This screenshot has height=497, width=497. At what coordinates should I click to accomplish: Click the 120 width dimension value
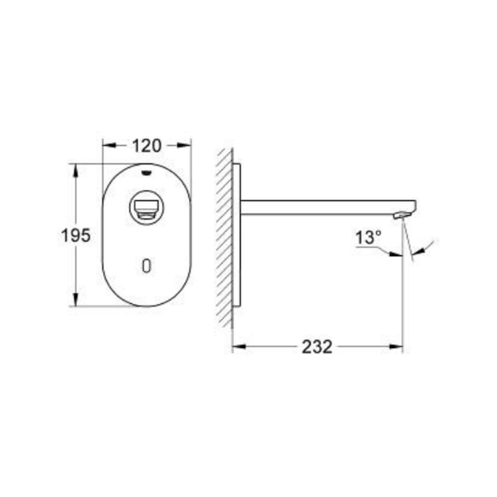(147, 146)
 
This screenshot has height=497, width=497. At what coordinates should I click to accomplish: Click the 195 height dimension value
(76, 235)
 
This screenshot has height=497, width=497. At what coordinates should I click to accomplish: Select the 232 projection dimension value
(317, 346)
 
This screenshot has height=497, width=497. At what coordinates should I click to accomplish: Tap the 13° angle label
(368, 238)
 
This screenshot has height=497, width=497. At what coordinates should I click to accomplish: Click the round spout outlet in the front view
(146, 209)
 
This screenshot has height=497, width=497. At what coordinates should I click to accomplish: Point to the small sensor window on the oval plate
(147, 266)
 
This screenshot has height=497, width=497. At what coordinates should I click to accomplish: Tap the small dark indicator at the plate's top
(147, 172)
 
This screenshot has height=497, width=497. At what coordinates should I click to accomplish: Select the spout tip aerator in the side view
(402, 215)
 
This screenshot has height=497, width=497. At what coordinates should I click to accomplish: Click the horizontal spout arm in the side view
(323, 207)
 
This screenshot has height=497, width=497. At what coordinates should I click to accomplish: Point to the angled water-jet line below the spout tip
(408, 241)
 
